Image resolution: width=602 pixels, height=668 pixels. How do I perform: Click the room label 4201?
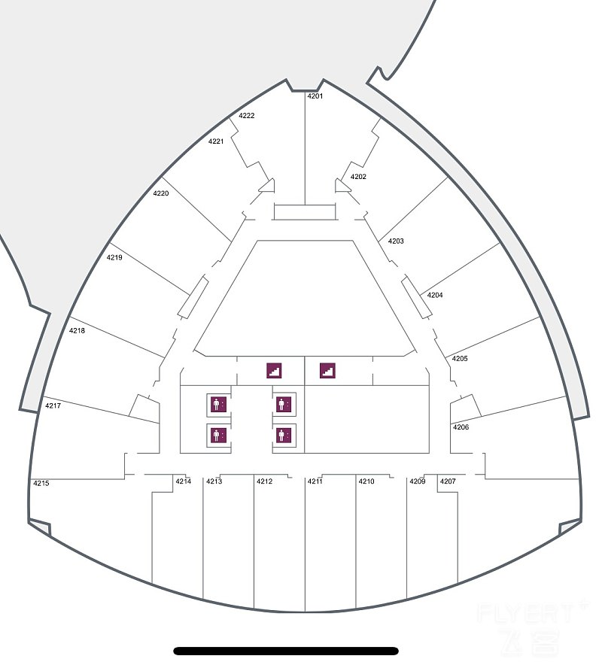315,96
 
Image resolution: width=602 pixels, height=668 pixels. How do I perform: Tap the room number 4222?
247,116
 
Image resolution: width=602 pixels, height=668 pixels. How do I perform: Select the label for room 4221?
216,141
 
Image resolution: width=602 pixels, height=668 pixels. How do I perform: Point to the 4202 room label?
358,177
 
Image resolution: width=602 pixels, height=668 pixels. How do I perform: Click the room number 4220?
161,193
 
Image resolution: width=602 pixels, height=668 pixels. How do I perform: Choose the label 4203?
396,241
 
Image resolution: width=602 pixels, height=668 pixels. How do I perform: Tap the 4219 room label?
114,257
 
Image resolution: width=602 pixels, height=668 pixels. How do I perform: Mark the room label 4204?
435,295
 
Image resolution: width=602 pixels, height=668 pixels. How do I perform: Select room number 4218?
77,330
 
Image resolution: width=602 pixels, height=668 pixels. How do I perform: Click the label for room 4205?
460,359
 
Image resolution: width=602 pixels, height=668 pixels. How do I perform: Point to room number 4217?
53,406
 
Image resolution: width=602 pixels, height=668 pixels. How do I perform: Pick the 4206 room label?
461,427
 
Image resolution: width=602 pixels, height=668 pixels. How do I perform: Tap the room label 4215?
41,484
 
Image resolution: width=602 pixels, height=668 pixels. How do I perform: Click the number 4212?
265,481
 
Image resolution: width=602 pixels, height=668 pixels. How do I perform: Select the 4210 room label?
366,481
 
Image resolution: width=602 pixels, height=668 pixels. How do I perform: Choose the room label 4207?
448,481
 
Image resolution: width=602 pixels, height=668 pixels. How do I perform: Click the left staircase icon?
275,371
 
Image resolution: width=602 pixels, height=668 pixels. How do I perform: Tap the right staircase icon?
327,371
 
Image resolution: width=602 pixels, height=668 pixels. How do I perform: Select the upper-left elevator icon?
218,404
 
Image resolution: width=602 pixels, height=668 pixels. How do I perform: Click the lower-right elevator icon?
284,436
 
